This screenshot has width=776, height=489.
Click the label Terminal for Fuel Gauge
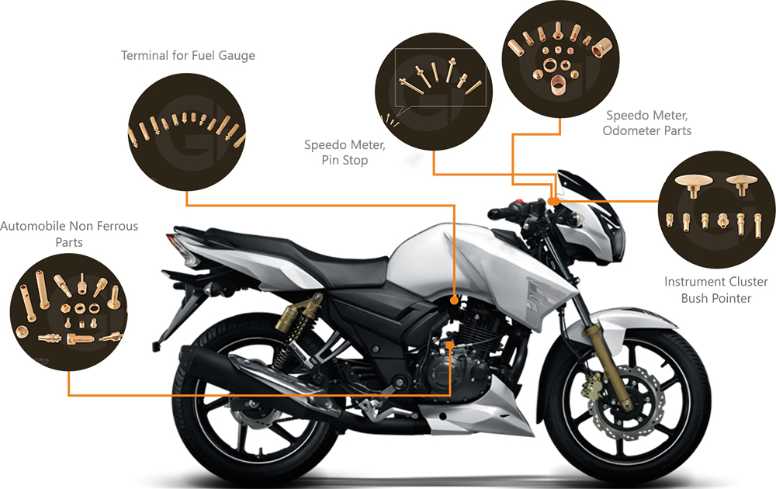(x=188, y=56)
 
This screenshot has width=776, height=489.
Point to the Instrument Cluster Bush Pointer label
(x=715, y=290)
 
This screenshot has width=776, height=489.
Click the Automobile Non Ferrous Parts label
(x=69, y=234)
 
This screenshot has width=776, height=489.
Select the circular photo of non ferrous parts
(x=68, y=310)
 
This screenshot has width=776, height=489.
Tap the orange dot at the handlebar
(x=553, y=201)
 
